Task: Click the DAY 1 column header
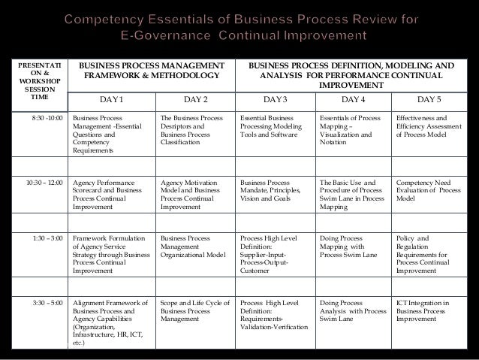(113, 98)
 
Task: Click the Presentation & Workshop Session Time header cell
(35, 83)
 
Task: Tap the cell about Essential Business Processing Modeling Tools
(271, 127)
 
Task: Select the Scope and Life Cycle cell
(191, 310)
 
